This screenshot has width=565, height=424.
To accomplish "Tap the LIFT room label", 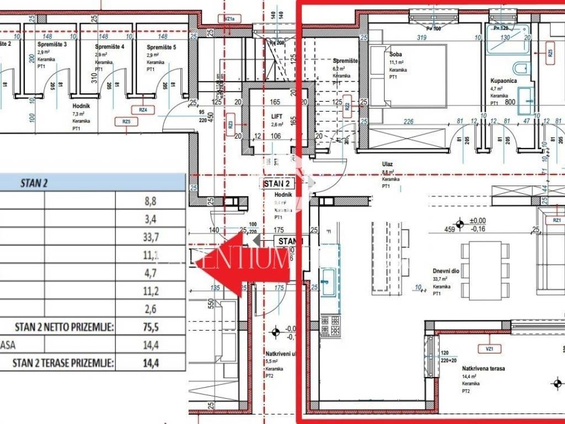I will click(x=276, y=116).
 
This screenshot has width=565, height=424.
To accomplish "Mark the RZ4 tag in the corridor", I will click(x=143, y=110).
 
